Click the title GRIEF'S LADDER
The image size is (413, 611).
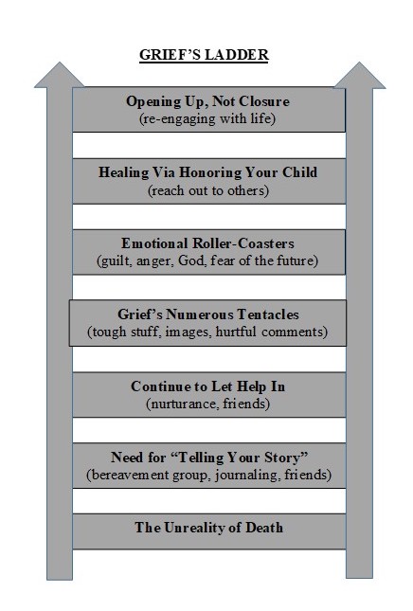point(205,55)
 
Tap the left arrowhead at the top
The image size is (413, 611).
point(60,75)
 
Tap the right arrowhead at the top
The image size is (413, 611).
point(360,75)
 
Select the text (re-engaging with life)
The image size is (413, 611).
point(207,118)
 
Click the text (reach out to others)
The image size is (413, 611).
point(208,190)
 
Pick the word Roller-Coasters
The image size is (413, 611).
point(243,243)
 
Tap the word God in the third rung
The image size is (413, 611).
point(191,261)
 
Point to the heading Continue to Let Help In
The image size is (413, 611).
point(208,386)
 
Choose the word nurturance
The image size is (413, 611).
point(182,404)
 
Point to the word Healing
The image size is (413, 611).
point(123,172)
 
